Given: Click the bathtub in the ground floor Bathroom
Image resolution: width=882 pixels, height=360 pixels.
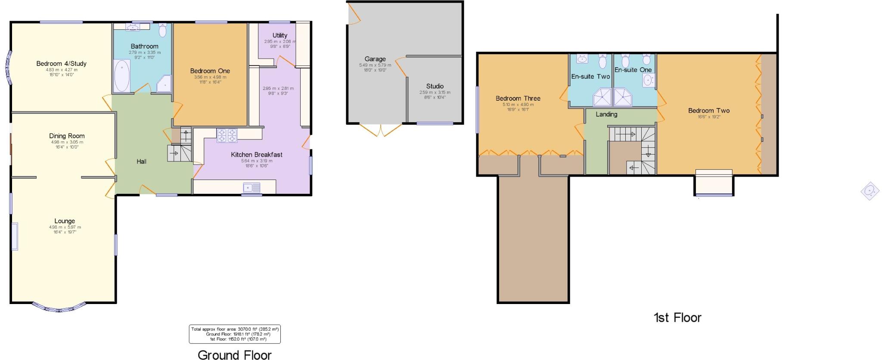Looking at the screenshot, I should [x=122, y=75].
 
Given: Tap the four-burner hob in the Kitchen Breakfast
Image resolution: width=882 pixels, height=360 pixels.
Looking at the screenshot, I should [x=227, y=135].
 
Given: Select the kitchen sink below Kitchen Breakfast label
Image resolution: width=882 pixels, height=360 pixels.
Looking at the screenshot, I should [x=252, y=187].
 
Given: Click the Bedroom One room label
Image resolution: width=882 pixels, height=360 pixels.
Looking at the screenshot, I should [x=210, y=71].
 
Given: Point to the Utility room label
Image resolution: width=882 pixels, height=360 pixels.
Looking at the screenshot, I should [x=280, y=35].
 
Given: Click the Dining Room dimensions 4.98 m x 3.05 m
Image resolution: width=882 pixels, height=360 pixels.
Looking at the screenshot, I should [x=67, y=142].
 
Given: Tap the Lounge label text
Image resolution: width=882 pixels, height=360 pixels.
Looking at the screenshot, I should [x=65, y=221].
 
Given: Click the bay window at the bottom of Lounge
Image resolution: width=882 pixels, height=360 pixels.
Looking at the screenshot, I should [x=59, y=307].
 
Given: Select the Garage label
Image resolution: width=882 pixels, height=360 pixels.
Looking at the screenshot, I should [x=375, y=59].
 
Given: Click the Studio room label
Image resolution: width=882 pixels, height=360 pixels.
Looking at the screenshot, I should [x=435, y=86].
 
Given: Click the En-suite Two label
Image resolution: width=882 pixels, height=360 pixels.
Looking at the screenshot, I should [x=590, y=77].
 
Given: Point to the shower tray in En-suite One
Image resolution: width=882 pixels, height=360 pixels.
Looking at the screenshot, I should [x=623, y=97].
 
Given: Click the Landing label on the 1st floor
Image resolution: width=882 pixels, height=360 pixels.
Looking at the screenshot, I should [x=606, y=114].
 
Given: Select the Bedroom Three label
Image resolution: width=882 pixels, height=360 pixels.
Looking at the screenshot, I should [x=518, y=98].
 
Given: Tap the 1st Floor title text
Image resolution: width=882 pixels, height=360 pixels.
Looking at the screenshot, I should [x=677, y=318].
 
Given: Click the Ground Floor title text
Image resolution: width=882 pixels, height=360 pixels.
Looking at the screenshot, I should [x=235, y=355].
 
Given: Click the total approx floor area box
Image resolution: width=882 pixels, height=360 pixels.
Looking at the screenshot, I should [x=235, y=334].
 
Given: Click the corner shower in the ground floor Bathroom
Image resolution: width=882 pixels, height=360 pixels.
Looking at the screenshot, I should [x=164, y=84].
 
